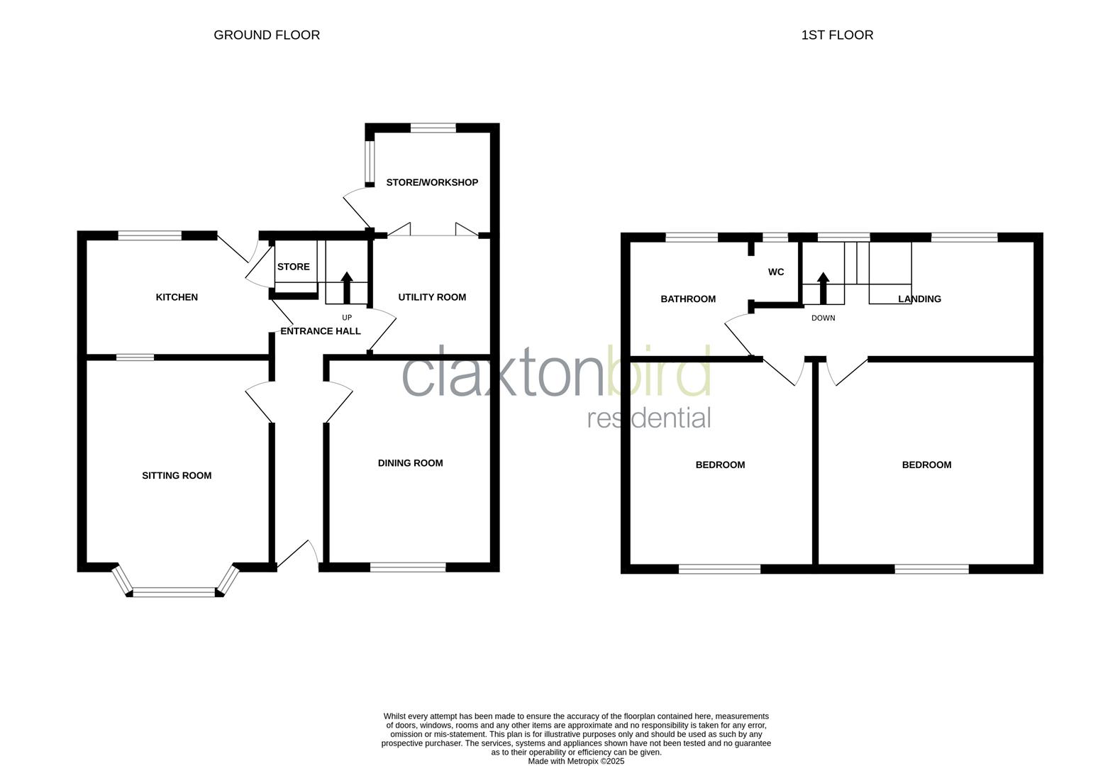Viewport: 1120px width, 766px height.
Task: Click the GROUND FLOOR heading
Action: point(267,35)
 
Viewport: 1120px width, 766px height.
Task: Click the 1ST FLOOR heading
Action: point(837,35)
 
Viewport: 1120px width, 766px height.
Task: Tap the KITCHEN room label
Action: point(177,297)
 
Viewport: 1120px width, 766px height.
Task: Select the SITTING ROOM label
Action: point(177,476)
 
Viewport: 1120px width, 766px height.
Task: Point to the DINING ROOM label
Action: point(410,463)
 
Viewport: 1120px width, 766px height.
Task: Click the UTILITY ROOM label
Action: point(432,297)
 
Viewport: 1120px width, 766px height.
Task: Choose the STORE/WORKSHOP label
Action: point(432,182)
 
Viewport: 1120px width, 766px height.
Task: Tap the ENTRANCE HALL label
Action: point(321,331)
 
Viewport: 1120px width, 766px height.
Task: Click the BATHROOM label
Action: point(688,299)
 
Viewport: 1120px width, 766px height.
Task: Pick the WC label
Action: point(776,272)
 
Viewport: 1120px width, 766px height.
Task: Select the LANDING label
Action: point(919,299)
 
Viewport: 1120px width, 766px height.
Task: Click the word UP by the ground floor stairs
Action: point(347,318)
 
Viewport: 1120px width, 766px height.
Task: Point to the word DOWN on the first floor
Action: point(823,318)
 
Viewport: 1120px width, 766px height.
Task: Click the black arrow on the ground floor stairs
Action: point(347,287)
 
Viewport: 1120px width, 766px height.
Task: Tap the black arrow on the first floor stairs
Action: point(823,287)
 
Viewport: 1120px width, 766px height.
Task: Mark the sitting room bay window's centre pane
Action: point(174,592)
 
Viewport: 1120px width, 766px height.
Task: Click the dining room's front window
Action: point(408,567)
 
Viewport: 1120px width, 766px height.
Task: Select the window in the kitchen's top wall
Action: point(150,236)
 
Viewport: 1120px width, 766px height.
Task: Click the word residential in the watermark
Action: point(649,418)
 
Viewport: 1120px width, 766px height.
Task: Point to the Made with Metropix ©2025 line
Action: point(576,761)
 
